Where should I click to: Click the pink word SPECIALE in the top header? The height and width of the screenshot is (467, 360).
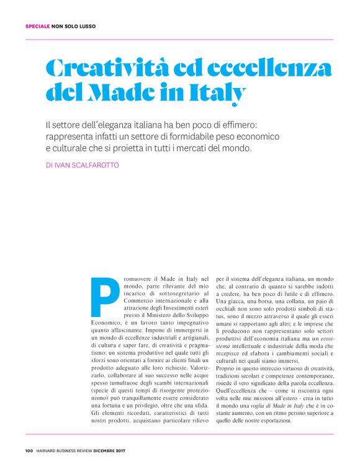pyautogui.click(x=37, y=26)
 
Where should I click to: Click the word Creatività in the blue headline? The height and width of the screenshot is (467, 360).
pyautogui.click(x=105, y=67)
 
